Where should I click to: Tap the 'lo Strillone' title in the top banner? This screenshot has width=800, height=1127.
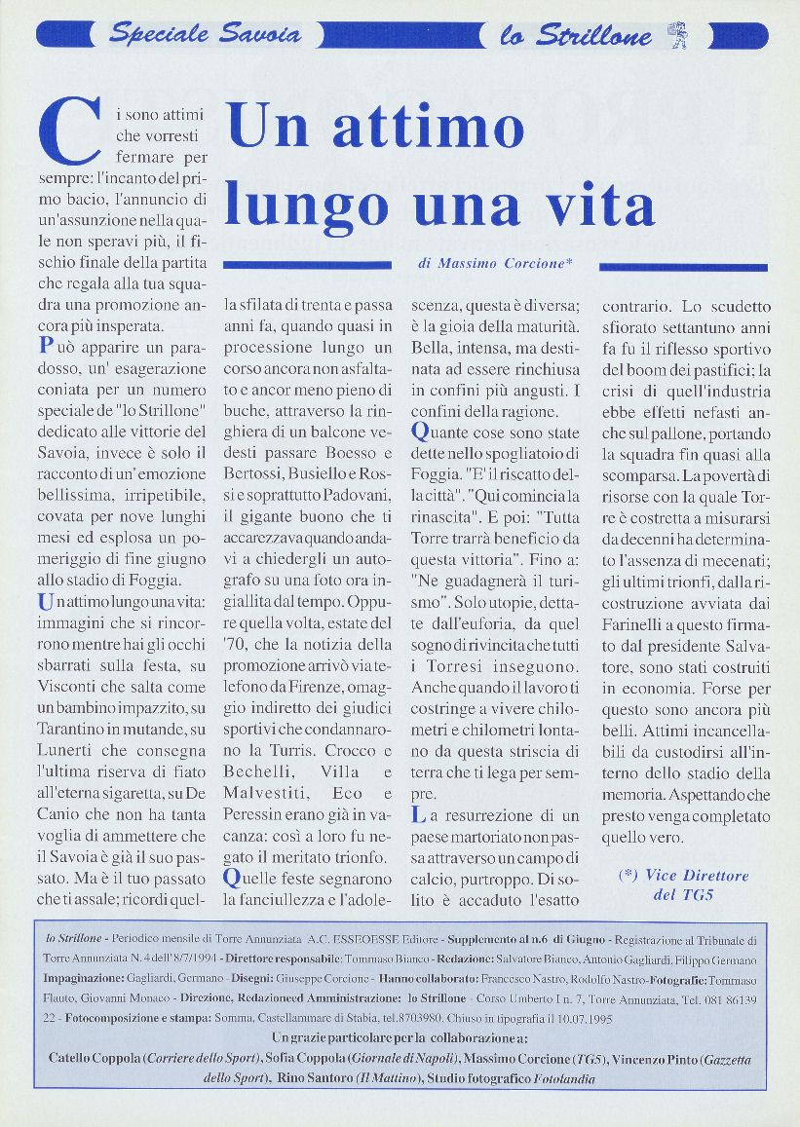pyautogui.click(x=575, y=36)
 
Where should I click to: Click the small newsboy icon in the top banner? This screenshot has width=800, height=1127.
pyautogui.click(x=676, y=36)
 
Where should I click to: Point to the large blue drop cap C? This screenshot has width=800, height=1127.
pyautogui.click(x=68, y=133)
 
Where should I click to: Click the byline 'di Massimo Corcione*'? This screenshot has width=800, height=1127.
pyautogui.click(x=495, y=264)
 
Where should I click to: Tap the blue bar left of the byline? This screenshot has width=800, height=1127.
pyautogui.click(x=307, y=264)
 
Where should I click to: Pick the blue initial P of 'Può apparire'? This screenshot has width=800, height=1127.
pyautogui.click(x=46, y=345)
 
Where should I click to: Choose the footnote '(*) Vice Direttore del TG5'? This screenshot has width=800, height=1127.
pyautogui.click(x=684, y=884)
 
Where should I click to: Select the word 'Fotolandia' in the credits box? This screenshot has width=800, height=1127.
pyautogui.click(x=557, y=1079)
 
